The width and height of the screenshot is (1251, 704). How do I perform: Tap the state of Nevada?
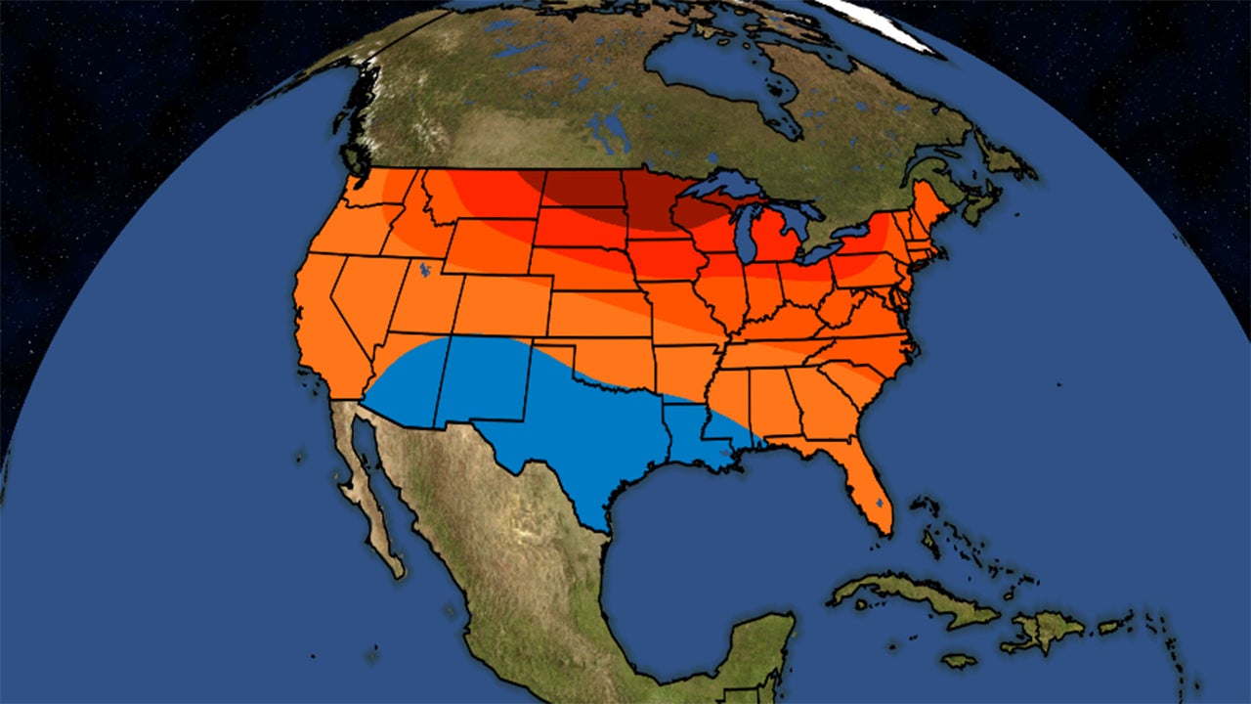367,293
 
